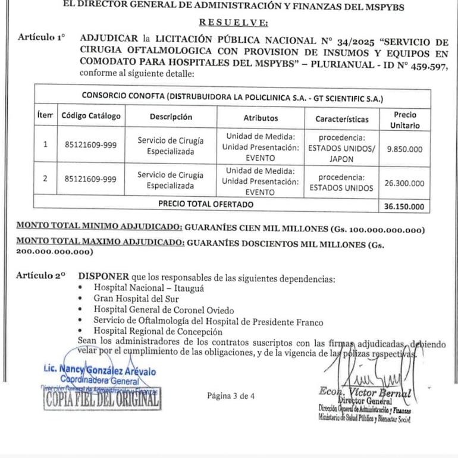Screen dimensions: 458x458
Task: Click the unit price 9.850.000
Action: tap(404, 150)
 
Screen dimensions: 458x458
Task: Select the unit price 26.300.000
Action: tap(404, 183)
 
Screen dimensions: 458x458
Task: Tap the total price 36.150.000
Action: tap(404, 207)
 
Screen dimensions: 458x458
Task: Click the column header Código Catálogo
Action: tap(91, 117)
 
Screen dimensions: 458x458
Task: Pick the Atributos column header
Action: tap(261, 118)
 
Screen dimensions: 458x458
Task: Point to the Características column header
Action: tap(342, 118)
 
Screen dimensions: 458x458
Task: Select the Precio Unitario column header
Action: tap(404, 120)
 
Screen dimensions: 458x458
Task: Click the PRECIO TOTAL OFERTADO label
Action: tap(205, 204)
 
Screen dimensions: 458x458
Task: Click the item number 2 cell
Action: tap(46, 178)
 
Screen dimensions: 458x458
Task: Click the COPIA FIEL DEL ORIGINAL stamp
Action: tap(102, 399)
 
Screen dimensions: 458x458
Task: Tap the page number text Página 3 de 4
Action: tap(231, 396)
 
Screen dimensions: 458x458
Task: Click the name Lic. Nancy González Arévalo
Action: tap(100, 371)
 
